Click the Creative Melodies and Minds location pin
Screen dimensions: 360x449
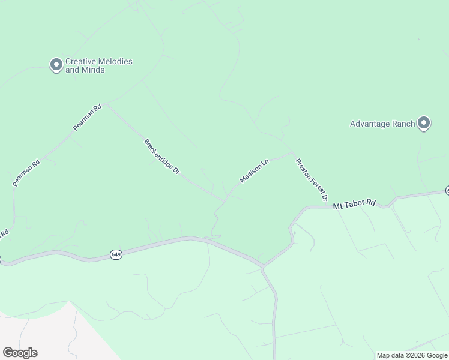[x=56, y=64]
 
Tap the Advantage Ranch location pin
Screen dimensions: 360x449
[x=423, y=123]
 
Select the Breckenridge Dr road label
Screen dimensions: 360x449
[x=161, y=157]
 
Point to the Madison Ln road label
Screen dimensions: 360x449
[x=253, y=172]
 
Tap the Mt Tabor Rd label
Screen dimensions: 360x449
[x=354, y=204]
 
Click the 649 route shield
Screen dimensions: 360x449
[x=116, y=255]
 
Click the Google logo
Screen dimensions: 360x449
[x=20, y=353]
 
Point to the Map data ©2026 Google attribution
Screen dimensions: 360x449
[x=412, y=355]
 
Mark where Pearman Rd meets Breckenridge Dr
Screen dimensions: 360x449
[x=104, y=104]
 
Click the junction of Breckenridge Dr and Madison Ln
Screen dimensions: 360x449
[x=226, y=200]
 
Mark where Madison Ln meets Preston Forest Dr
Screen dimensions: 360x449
[x=293, y=154]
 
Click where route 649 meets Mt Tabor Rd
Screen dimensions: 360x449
[x=262, y=266]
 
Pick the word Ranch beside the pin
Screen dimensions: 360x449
[x=403, y=124]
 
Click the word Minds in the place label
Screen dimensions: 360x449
[x=93, y=70]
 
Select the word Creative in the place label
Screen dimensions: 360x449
[x=80, y=61]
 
